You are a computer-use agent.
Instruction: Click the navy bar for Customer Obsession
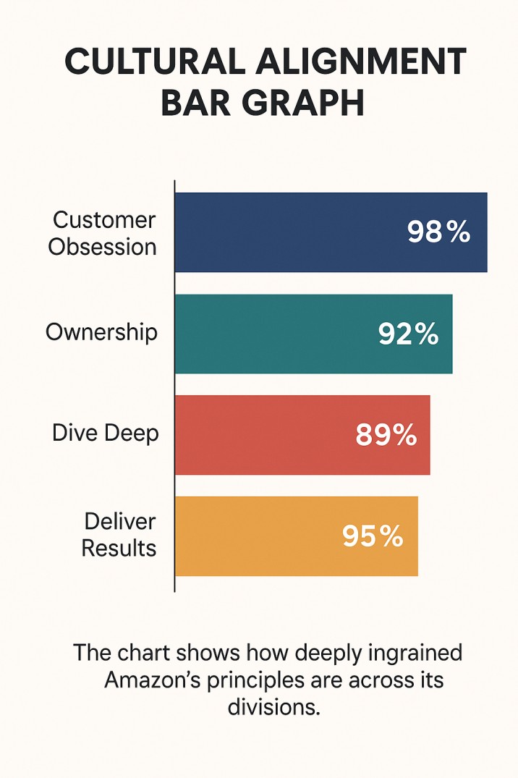point(289,232)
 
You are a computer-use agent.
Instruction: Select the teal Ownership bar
point(275,334)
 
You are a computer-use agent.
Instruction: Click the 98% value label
point(439,232)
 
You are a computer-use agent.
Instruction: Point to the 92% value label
point(408,334)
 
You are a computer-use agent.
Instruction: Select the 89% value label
point(386,435)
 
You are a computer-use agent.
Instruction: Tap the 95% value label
point(373,536)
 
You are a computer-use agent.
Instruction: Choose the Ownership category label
point(101,332)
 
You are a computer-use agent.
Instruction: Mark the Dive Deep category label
point(106,434)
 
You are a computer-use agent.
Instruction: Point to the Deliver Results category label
point(119,535)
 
